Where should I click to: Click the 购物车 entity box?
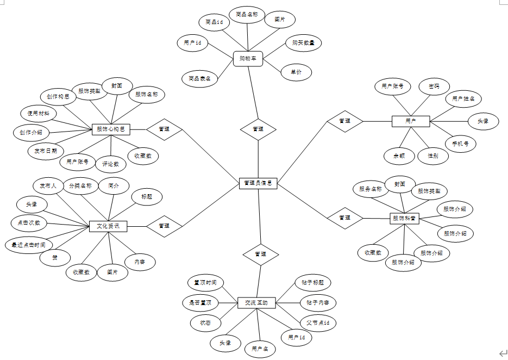click(x=248, y=59)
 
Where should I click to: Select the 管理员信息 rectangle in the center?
click(x=258, y=184)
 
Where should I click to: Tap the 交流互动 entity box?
click(x=256, y=303)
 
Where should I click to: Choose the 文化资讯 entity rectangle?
click(x=108, y=226)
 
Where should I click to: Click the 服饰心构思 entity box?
click(x=111, y=129)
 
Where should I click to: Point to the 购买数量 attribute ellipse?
click(x=303, y=43)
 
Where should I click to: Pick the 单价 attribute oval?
click(x=296, y=72)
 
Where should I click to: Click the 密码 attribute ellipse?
click(x=434, y=86)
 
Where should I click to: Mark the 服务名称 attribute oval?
click(x=371, y=189)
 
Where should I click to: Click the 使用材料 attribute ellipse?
click(x=39, y=114)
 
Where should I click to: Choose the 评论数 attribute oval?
click(x=110, y=163)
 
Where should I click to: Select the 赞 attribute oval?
click(x=54, y=257)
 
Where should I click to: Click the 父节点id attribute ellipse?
click(x=318, y=323)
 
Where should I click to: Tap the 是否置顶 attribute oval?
click(x=200, y=302)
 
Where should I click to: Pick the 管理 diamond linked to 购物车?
click(x=258, y=129)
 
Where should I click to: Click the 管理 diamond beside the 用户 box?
click(x=344, y=121)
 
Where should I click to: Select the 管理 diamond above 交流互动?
click(x=260, y=254)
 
